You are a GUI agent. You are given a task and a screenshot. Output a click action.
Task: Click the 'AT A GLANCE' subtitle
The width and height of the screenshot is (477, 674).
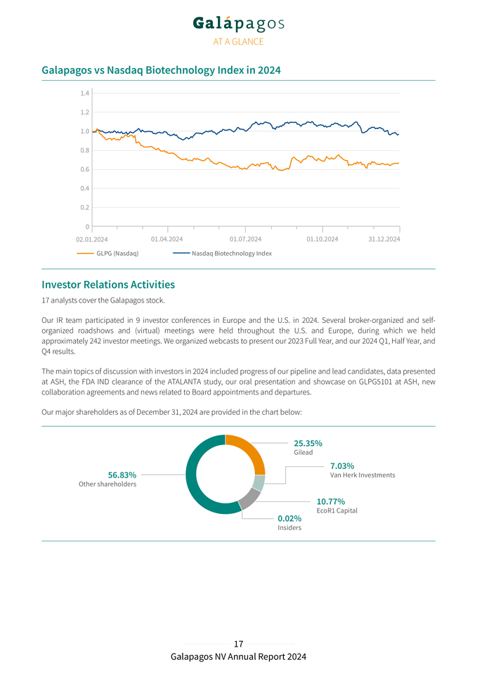[x=238, y=41]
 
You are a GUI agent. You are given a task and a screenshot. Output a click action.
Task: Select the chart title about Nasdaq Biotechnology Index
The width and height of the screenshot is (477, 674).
[x=161, y=70]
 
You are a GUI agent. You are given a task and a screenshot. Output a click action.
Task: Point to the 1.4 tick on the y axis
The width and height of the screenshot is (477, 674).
[x=84, y=93]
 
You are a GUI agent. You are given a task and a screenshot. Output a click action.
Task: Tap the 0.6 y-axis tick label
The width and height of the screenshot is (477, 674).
[x=84, y=170]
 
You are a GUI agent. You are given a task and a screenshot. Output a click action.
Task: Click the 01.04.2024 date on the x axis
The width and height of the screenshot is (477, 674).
[x=166, y=239]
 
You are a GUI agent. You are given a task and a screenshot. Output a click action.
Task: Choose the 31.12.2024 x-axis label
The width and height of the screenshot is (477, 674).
[x=385, y=239]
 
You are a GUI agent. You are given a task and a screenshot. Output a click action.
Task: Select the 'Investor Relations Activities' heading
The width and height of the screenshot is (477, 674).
[x=108, y=284]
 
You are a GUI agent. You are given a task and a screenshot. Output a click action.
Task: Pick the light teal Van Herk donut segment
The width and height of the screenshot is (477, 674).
[x=259, y=483]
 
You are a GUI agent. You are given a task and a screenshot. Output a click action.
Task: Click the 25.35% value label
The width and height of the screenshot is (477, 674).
[x=308, y=443]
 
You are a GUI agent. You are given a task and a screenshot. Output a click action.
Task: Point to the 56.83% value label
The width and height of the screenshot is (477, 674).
[x=122, y=475]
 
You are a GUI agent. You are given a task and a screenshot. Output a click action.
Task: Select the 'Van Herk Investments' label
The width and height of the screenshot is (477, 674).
[x=362, y=475]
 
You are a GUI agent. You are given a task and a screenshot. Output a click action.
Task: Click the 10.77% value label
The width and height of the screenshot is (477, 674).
[x=330, y=501]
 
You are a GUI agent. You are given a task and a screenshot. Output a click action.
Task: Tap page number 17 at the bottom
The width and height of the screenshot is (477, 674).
[x=238, y=643]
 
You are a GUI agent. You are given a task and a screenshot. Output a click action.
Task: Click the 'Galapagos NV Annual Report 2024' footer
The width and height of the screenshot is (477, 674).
[x=238, y=656]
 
